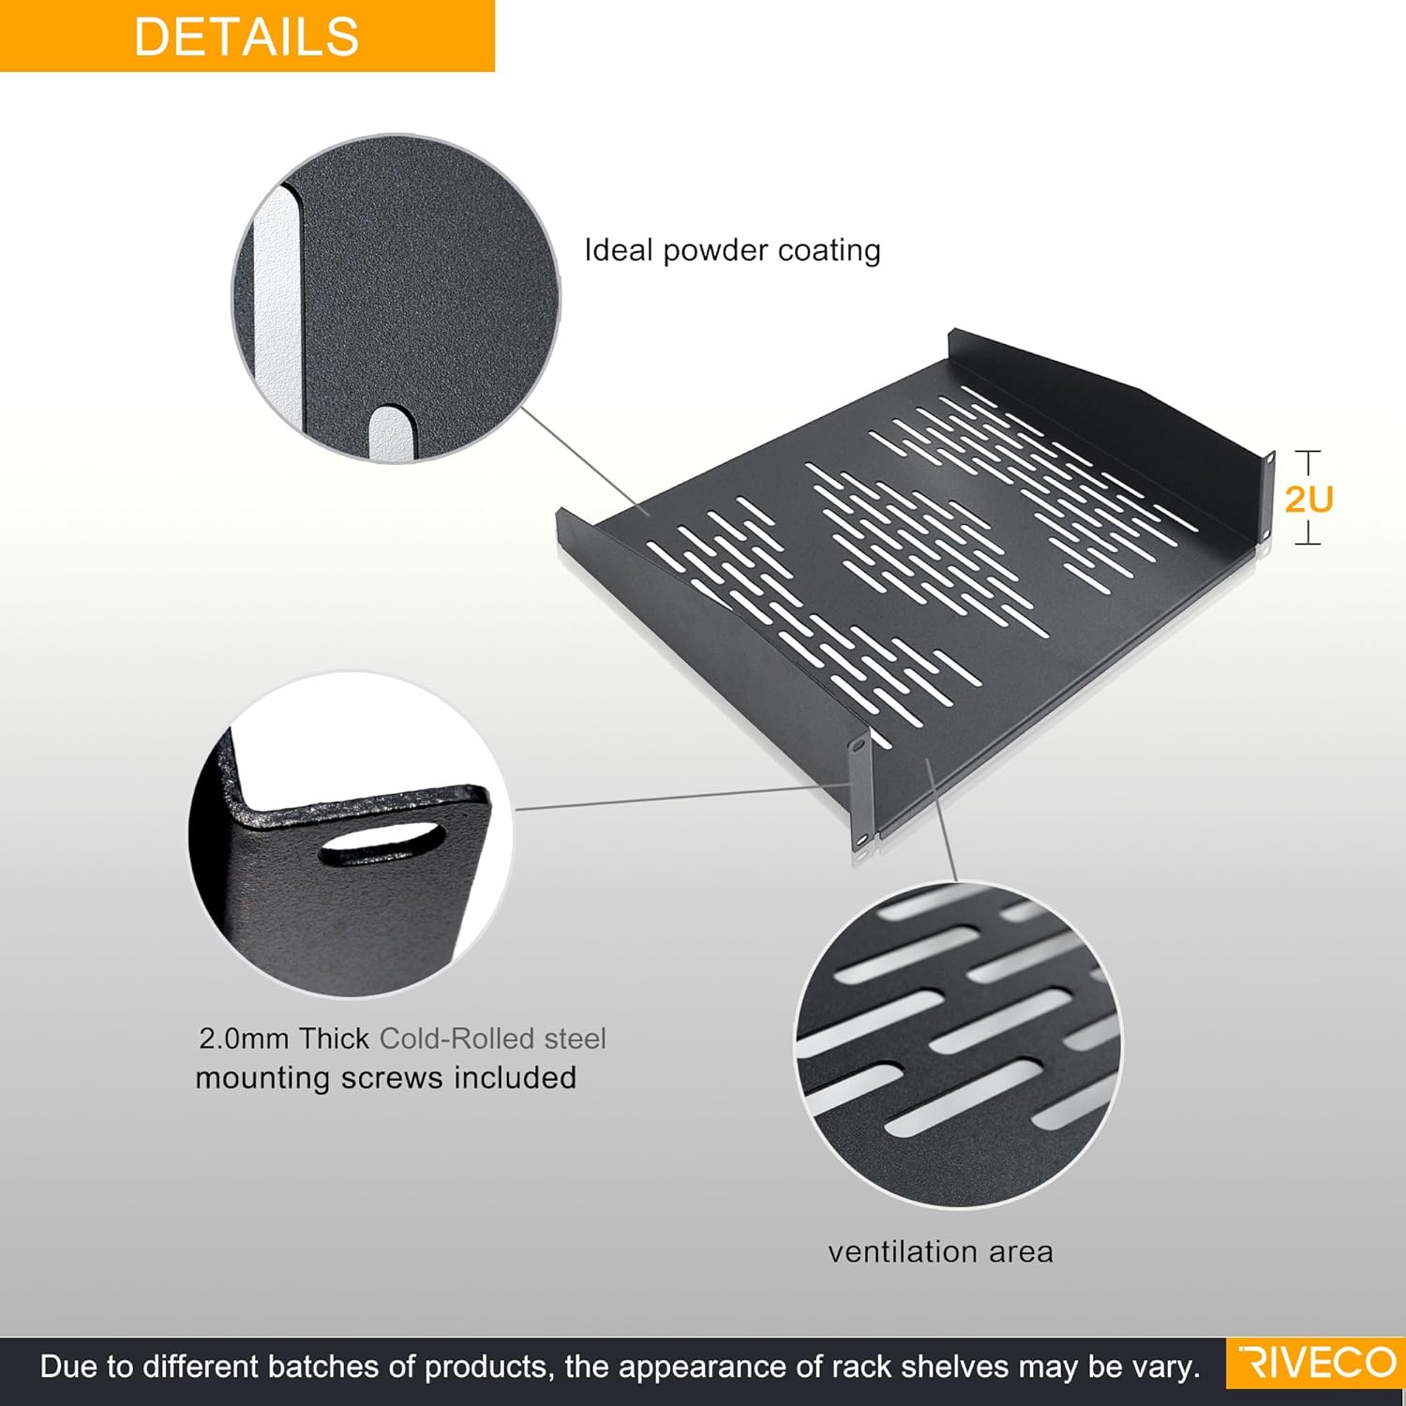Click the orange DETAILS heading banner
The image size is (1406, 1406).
(247, 36)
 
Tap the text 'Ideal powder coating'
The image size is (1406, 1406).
(732, 250)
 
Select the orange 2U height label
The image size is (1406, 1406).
(1309, 500)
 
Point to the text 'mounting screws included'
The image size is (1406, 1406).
(385, 1078)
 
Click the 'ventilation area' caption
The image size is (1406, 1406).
(940, 1251)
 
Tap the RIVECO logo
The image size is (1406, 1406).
(1316, 1363)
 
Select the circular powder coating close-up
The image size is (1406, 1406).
(396, 298)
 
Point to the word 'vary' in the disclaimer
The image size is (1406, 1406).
(1171, 1368)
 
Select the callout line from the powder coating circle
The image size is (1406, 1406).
(583, 461)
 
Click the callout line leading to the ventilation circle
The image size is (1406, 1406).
(942, 820)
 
